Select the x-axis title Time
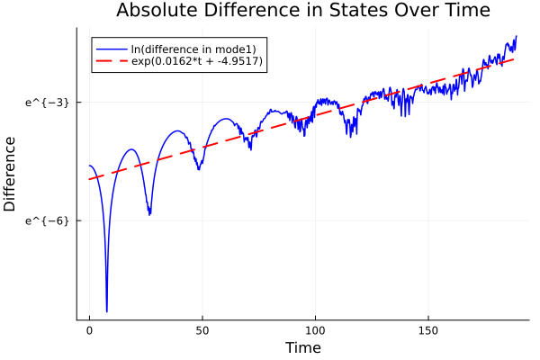pyautogui.click(x=302, y=347)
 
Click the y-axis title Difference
pyautogui.click(x=11, y=174)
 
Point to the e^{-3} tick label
pyautogui.click(x=47, y=103)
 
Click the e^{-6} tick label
pyautogui.click(x=47, y=220)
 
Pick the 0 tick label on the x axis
pyautogui.click(x=89, y=329)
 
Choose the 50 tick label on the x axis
pyautogui.click(x=202, y=329)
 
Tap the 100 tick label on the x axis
pyautogui.click(x=315, y=329)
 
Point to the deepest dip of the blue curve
pyautogui.click(x=106, y=311)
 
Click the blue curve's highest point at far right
pyautogui.click(x=516, y=36)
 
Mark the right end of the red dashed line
pyautogui.click(x=515, y=58)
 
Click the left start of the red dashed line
pyautogui.click(x=90, y=179)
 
